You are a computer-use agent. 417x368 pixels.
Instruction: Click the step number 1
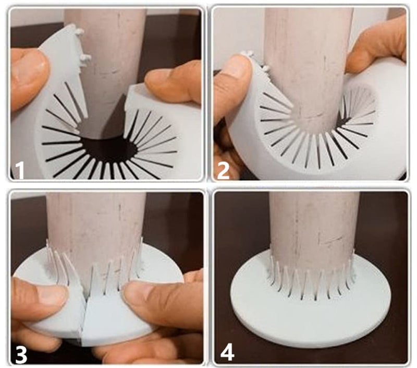(x=20, y=170)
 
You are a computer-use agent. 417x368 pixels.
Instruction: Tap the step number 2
(x=224, y=170)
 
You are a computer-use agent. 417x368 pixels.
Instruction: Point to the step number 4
(x=227, y=352)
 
